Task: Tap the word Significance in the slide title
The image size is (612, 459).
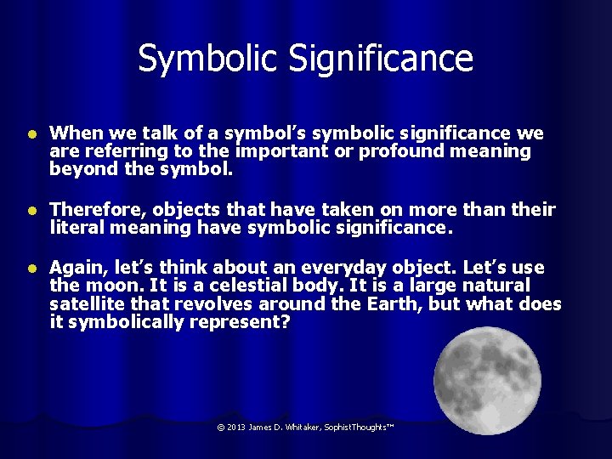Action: [x=380, y=59]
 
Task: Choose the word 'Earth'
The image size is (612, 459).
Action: [x=391, y=304]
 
